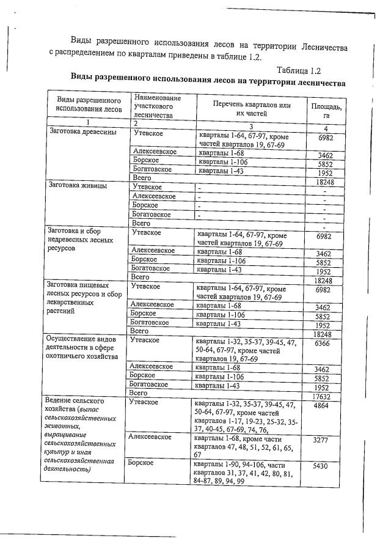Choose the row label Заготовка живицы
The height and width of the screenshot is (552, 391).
coord(78,185)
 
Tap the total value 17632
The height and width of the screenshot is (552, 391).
coord(325,396)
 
